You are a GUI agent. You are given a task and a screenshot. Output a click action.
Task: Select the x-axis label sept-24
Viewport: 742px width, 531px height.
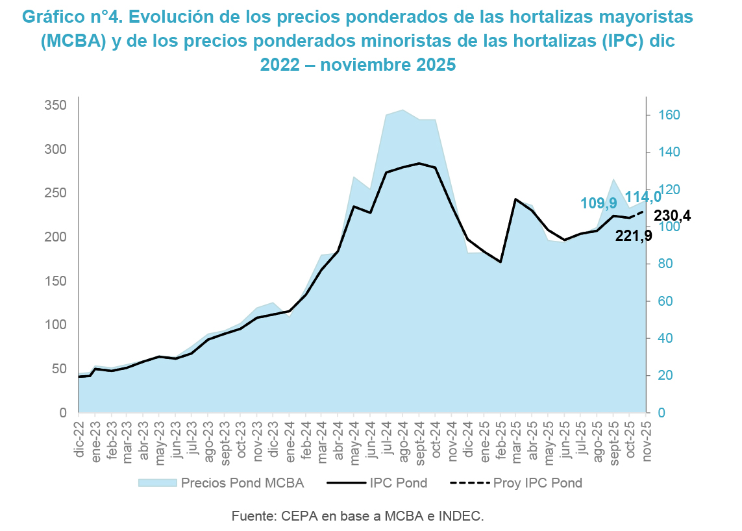tap(419, 440)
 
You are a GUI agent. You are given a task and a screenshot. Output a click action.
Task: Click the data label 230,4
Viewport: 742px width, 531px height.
tap(672, 216)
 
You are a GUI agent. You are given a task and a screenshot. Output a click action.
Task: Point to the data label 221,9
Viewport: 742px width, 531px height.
tap(634, 236)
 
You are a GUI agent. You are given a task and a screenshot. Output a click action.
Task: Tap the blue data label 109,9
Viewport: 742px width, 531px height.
tap(599, 203)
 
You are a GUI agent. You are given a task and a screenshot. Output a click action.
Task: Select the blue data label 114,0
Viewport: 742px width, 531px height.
tap(643, 196)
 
